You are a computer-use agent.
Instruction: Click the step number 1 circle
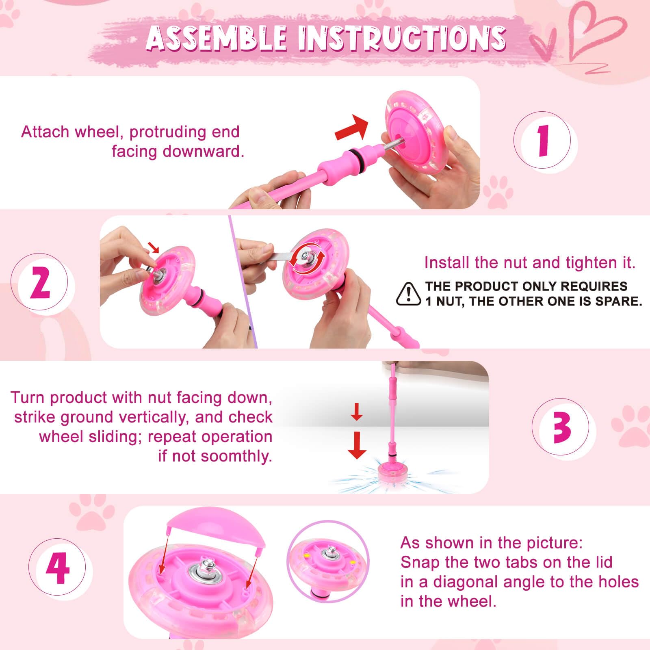(x=545, y=141)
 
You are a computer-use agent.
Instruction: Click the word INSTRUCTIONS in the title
(x=402, y=39)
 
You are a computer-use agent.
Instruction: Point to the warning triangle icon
(x=409, y=294)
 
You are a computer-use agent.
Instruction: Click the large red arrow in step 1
(x=352, y=127)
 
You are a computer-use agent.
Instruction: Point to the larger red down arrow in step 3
(x=357, y=445)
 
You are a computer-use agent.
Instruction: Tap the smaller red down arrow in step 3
(x=357, y=412)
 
